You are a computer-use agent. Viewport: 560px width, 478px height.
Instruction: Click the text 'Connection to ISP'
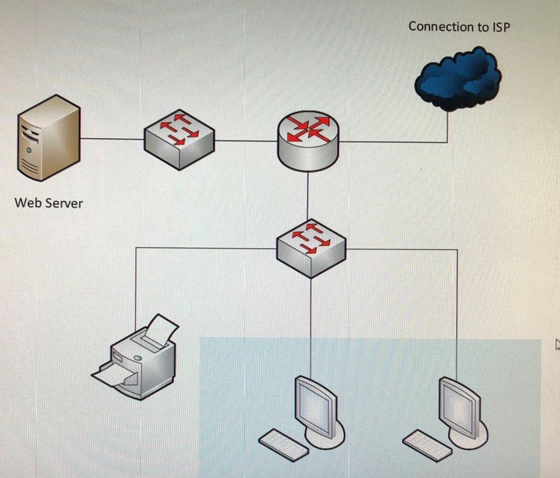459,27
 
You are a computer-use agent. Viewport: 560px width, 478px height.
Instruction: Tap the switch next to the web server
179,138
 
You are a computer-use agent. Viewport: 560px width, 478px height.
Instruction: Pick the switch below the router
311,248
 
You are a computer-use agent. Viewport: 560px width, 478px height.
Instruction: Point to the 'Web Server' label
49,203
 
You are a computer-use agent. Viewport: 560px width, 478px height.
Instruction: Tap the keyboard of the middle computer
283,444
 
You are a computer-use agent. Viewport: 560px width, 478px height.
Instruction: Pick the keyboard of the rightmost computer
427,445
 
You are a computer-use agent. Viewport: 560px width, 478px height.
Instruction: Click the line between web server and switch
112,138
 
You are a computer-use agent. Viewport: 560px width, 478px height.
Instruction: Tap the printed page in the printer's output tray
110,377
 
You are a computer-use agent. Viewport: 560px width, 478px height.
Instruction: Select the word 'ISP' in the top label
501,27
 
